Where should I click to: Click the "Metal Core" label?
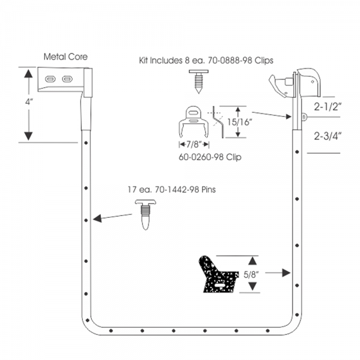65,57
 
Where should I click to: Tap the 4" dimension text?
29,101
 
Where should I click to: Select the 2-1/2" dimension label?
328,107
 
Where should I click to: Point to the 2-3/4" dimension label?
328,136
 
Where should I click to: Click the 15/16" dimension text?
238,122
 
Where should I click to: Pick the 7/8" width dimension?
194,145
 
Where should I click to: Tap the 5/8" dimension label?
251,274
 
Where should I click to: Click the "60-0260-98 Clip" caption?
210,157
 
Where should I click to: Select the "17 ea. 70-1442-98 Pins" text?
172,190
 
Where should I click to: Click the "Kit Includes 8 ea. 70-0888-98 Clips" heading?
206,61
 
